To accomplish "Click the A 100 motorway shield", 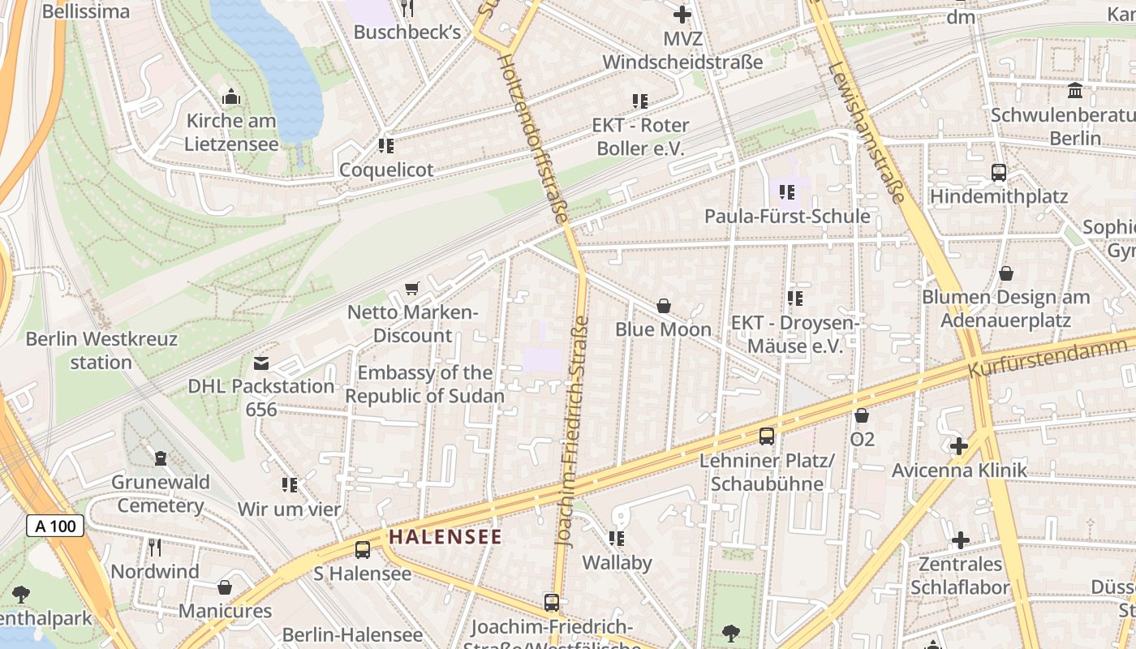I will [56, 526].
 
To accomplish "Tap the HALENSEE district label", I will [445, 536].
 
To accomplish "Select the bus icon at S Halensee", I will [362, 549].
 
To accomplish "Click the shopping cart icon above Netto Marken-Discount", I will [412, 289].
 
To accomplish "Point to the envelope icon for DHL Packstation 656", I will [261, 363].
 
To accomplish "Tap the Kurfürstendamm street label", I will [1047, 357].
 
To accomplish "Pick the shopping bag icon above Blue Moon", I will [663, 306].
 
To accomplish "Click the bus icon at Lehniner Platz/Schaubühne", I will [766, 436].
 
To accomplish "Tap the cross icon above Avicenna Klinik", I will [959, 446].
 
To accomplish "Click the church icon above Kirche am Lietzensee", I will [231, 97].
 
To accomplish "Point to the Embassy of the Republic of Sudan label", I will [425, 385].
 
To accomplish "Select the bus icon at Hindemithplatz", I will [998, 172].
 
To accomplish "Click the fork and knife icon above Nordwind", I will [155, 547].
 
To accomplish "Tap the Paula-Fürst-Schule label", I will [786, 217].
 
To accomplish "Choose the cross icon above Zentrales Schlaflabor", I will [960, 540].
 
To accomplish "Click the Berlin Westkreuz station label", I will [101, 350].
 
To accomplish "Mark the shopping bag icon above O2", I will [862, 415].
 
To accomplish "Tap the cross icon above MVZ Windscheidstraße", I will [682, 14].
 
